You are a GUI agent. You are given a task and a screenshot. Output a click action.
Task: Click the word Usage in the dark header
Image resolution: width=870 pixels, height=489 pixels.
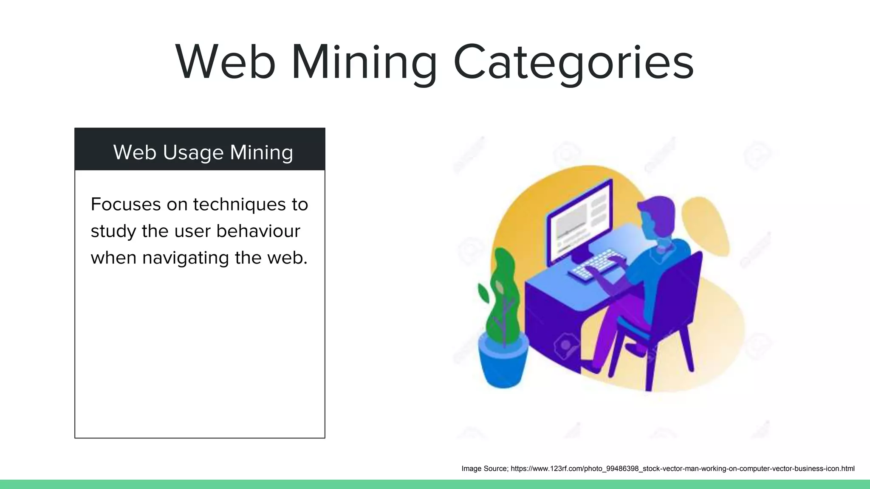(x=193, y=152)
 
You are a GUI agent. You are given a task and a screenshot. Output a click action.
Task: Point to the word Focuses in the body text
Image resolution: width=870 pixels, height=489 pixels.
(x=126, y=204)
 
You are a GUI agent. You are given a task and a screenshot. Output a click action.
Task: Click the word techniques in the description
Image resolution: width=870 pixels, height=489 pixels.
(x=239, y=204)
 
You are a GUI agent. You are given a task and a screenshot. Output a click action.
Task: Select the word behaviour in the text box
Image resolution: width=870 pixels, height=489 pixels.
(x=258, y=231)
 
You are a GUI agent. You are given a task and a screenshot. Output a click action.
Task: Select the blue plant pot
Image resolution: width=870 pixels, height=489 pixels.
(x=503, y=361)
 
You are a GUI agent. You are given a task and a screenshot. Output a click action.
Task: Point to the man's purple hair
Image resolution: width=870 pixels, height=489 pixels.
(x=658, y=208)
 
